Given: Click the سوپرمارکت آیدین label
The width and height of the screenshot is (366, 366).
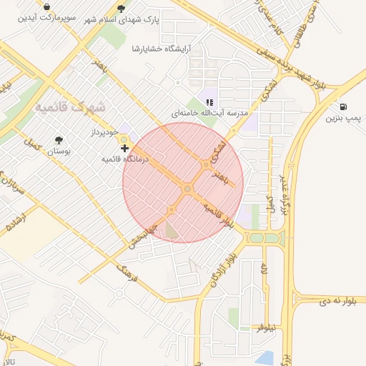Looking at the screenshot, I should (47, 19).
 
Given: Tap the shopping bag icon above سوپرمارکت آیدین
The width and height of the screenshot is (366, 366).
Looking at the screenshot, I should (47, 8).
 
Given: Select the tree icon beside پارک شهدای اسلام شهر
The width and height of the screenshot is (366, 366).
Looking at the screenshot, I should (121, 9).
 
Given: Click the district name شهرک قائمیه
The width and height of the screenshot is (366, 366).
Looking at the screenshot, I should (70, 107).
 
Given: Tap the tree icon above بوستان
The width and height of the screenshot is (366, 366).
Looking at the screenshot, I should (58, 140).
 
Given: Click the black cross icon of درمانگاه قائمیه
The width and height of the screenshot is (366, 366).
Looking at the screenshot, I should (125, 148).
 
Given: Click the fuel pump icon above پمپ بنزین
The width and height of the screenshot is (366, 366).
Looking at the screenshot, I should (344, 106).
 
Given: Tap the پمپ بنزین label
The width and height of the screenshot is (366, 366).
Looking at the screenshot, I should (344, 118).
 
